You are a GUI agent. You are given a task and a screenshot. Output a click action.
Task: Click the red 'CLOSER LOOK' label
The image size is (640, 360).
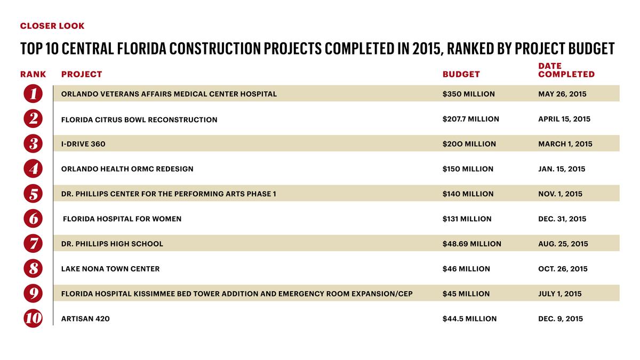pos(52,26)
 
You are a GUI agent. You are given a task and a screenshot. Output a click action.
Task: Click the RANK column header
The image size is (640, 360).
pos(33,74)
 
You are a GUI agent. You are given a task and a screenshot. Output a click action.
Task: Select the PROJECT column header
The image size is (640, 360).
pos(82,74)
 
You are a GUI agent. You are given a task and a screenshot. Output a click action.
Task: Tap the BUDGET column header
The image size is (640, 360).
pos(461,74)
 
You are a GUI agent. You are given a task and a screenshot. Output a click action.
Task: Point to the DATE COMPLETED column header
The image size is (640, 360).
pos(566,70)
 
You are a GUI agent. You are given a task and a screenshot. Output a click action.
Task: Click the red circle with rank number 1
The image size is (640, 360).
pos(33,94)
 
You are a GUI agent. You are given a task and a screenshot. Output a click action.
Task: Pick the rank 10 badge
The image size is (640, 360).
pos(33,319)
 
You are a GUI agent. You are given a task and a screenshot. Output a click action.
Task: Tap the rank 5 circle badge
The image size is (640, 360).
pos(33,194)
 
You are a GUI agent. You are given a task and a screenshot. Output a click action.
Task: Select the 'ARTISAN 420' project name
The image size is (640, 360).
pos(85,319)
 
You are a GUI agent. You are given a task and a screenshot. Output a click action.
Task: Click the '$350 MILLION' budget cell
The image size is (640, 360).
pos(468,94)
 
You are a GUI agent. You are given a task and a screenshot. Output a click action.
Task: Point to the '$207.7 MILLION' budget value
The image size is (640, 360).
pos(470,119)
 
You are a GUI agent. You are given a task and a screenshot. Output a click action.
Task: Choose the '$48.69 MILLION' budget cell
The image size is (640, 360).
pos(471,244)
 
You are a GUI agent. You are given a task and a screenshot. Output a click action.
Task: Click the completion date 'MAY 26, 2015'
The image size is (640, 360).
pos(562,94)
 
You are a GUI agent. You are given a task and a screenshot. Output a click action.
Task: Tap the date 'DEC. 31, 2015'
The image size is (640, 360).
pos(562,219)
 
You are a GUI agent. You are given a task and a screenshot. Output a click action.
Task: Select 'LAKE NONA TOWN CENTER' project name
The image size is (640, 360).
pos(110,269)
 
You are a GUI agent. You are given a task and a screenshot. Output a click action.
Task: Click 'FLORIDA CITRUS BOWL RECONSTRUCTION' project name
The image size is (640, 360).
pos(139,119)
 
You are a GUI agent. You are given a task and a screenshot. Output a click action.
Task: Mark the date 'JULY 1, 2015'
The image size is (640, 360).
pos(560,294)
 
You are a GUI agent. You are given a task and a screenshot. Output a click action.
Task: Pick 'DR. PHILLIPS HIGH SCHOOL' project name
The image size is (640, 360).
pos(112,244)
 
